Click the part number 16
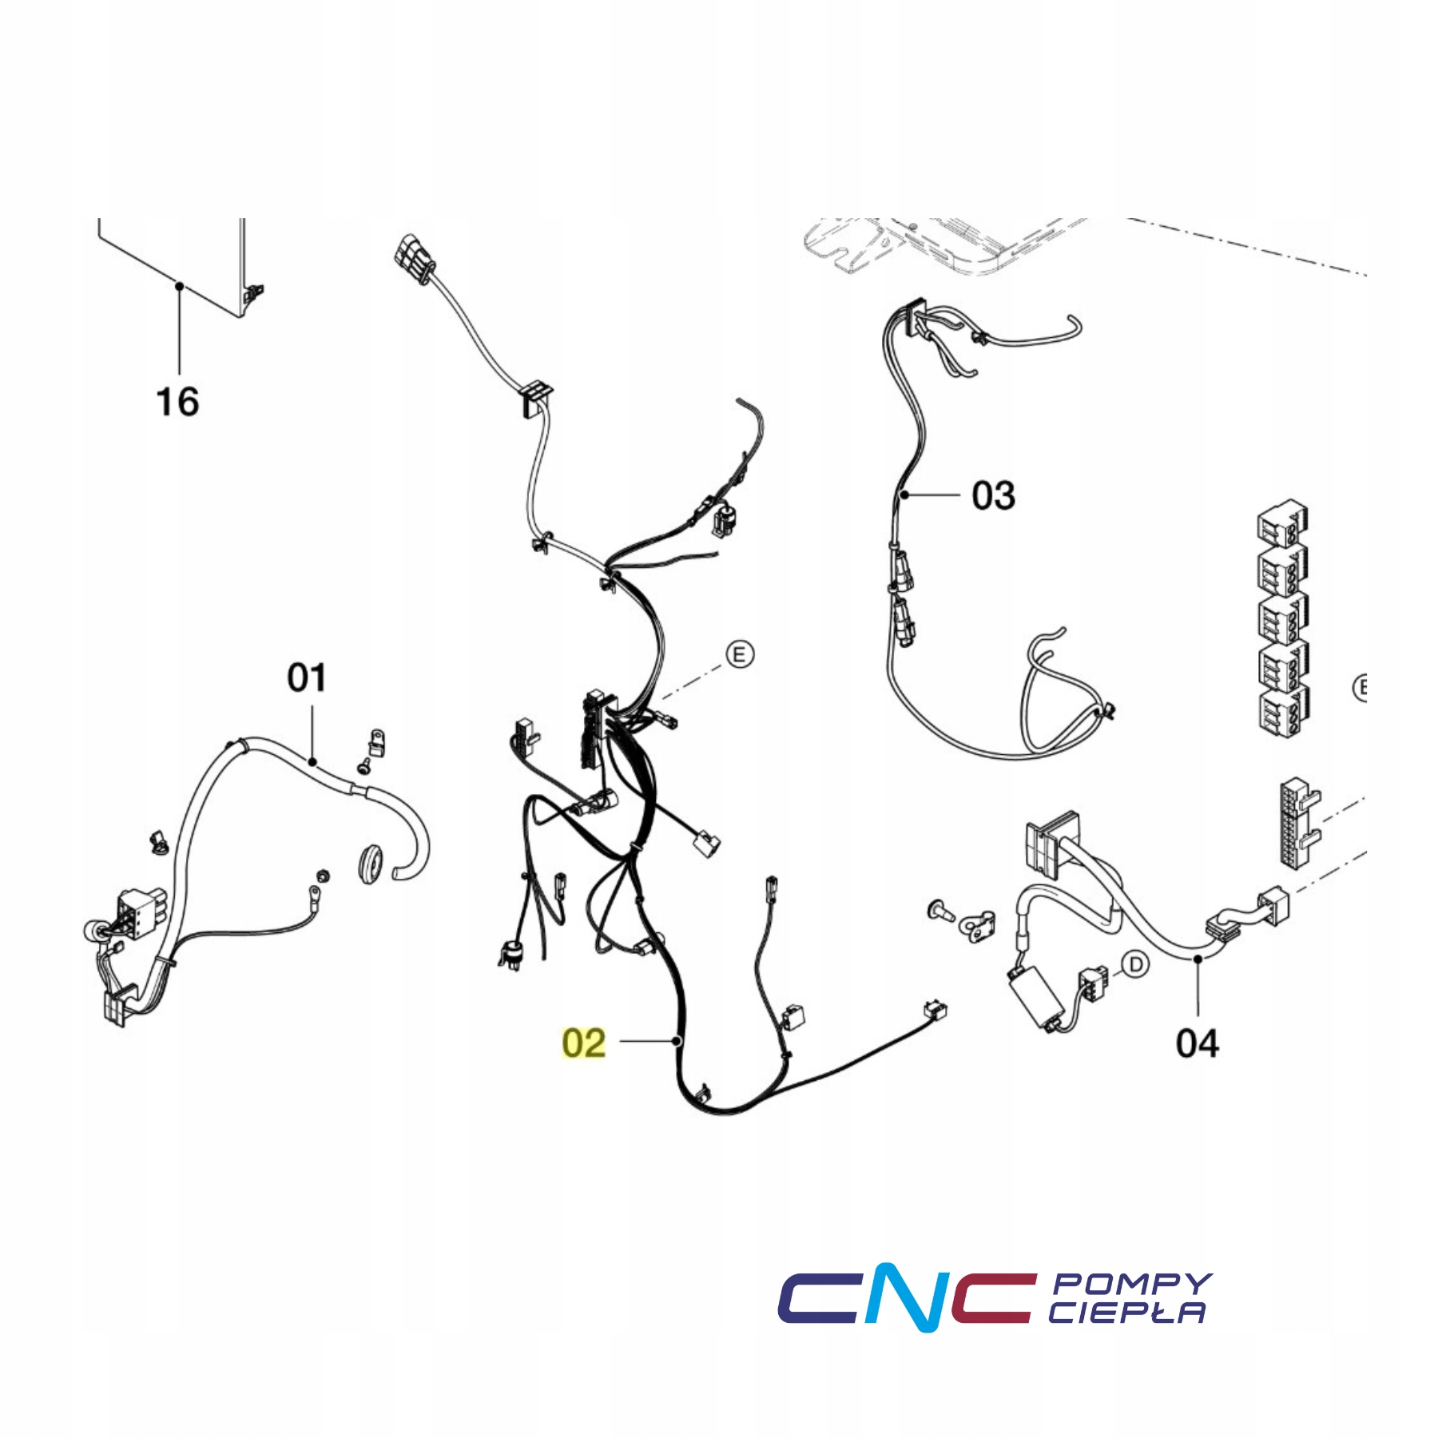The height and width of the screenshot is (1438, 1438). coord(177,401)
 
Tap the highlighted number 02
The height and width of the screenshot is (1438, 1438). coord(584,1043)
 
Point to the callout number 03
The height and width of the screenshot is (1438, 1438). coord(993,495)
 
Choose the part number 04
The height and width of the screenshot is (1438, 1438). coord(1197,1043)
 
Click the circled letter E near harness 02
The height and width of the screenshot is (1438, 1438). coord(740,655)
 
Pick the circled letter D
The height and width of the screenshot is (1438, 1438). coord(1135,965)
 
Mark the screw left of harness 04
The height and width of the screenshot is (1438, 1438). coord(941,910)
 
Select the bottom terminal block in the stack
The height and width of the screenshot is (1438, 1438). coord(1281,711)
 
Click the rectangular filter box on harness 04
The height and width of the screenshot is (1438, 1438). coord(1035,999)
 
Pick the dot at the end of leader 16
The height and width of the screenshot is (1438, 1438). coord(180,286)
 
